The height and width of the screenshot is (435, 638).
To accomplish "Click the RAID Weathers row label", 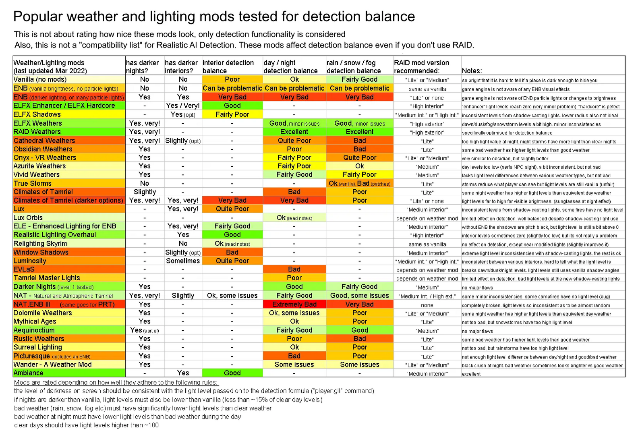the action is (x=37, y=132).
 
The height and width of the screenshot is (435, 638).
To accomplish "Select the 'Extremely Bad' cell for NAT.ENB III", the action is (x=294, y=304).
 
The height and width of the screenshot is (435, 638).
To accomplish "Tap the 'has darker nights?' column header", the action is (x=142, y=67).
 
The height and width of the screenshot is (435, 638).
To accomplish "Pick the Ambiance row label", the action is (x=28, y=373).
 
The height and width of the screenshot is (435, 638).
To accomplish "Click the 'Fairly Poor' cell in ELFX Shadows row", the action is (x=232, y=114).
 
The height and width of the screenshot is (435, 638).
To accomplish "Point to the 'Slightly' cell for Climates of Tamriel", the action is (x=145, y=192).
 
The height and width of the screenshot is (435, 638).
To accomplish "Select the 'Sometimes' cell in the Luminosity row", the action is (x=183, y=261).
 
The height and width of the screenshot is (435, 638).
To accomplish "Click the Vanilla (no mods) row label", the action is (x=40, y=79).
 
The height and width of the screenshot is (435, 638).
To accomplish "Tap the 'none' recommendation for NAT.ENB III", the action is (x=427, y=305).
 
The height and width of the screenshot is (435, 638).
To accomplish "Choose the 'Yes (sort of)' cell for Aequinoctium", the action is (x=145, y=330).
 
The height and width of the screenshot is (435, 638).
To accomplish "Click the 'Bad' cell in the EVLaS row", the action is (x=294, y=269).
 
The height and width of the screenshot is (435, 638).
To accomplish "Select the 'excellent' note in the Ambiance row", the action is (x=471, y=374).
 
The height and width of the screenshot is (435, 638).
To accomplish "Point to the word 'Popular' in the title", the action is (x=38, y=17).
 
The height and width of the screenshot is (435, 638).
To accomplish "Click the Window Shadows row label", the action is (x=41, y=253).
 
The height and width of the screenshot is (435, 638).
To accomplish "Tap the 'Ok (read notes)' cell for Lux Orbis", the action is (x=294, y=218).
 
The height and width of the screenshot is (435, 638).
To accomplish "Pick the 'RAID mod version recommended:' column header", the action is (x=422, y=67).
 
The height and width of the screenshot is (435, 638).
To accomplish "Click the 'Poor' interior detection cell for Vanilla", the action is (x=232, y=79).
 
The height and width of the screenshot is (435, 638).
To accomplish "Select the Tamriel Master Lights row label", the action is (x=47, y=278).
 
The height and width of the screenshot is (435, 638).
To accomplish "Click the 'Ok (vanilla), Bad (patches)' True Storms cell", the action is (x=359, y=183).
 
